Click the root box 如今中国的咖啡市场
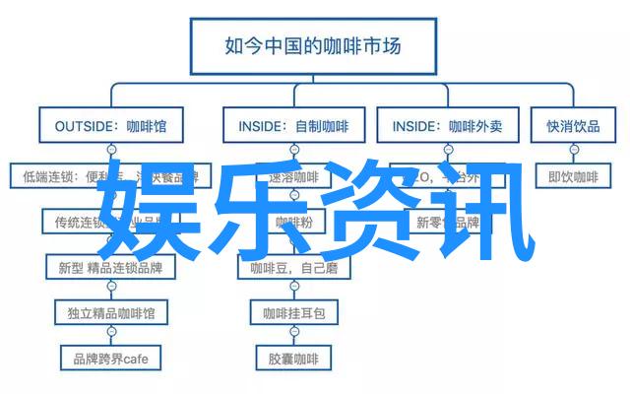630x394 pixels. [314, 44]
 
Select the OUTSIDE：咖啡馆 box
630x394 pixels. [110, 127]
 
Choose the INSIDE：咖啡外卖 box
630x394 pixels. [447, 127]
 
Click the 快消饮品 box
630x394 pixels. [573, 127]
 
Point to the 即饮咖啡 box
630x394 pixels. [573, 177]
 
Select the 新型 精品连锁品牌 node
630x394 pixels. [110, 267]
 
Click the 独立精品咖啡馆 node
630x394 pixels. [110, 312]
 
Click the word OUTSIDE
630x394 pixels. [74, 127]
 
